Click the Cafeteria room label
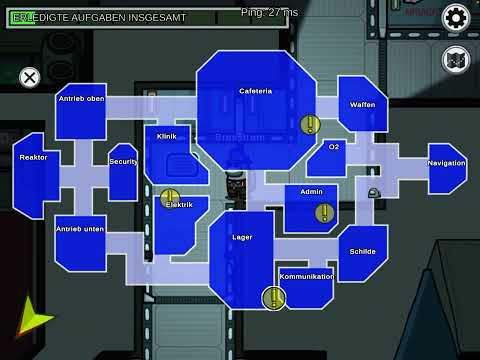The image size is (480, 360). (255, 91)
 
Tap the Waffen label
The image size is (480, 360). (362, 105)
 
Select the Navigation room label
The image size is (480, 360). (446, 162)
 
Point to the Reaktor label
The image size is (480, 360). (33, 157)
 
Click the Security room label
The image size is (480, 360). (123, 161)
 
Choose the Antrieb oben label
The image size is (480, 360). (82, 98)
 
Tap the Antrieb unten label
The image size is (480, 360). (81, 229)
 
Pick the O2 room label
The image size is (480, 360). (334, 147)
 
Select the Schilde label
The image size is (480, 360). (362, 251)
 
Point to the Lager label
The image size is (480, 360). (241, 238)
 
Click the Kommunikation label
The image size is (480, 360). (306, 275)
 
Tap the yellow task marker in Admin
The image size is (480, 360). (324, 212)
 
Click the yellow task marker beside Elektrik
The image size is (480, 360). (170, 198)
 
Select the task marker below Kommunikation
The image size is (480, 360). (272, 297)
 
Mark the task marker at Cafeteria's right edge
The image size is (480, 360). (310, 125)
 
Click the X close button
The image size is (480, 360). (30, 76)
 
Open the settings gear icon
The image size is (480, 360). (456, 17)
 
